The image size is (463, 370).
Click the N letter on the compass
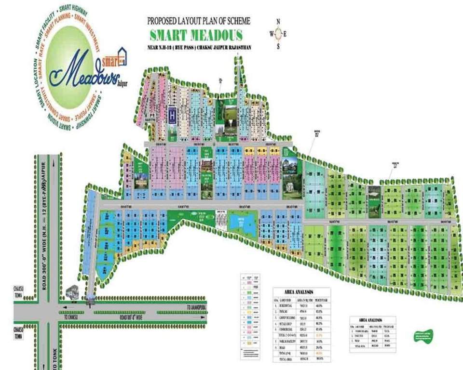coord(278,22)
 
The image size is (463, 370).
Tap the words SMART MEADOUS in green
coord(196,35)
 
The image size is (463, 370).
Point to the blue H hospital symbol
coord(172,116)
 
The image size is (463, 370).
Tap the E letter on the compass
coord(285,34)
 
